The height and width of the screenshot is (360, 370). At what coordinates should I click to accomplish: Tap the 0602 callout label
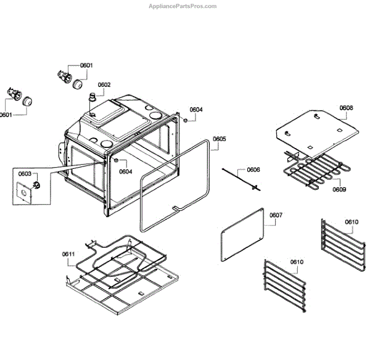tap(104, 85)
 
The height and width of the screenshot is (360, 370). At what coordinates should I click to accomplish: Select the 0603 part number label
tap(24, 174)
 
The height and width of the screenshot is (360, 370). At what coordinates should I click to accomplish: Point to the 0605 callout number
tap(219, 139)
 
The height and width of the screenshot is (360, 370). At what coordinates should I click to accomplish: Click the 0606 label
tap(253, 170)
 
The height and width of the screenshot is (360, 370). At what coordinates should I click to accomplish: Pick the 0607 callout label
tap(276, 215)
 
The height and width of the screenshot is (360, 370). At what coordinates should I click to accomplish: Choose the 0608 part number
tap(346, 108)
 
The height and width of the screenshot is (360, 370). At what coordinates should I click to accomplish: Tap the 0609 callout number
tap(339, 189)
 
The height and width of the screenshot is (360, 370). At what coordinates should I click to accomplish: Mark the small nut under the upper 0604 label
tap(186, 120)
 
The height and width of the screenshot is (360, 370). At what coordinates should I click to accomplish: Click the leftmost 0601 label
tap(6, 115)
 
